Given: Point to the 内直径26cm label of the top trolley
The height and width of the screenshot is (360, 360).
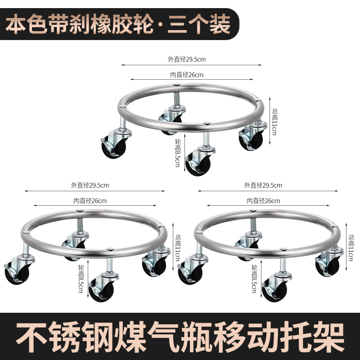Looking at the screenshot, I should [187, 75].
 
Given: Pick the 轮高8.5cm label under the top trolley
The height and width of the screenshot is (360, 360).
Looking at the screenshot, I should [177, 153].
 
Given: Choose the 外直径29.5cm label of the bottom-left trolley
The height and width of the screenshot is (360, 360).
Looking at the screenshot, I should [90, 184].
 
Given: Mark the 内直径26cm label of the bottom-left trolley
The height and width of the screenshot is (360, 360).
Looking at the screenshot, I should [90, 201].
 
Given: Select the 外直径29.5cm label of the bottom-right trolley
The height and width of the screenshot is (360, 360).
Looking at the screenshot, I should [263, 184].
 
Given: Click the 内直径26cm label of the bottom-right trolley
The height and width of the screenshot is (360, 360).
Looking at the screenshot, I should [263, 201].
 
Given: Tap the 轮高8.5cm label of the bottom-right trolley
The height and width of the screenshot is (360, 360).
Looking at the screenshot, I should [255, 279].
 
